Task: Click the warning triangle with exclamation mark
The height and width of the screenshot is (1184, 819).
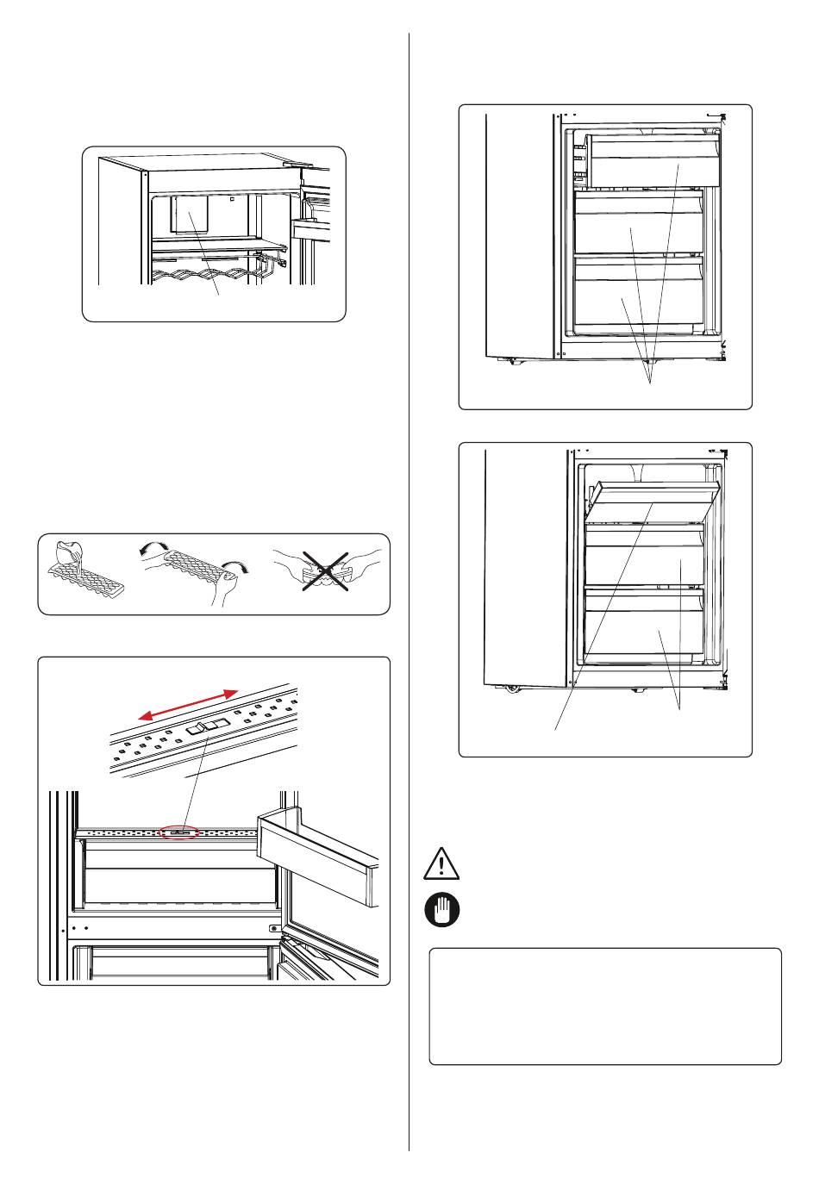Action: click(441, 864)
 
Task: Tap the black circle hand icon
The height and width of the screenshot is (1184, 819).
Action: click(441, 910)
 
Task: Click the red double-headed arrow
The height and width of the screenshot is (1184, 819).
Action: click(189, 704)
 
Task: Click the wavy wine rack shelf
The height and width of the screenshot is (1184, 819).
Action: click(204, 274)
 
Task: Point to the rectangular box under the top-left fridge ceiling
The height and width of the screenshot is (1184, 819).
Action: click(189, 215)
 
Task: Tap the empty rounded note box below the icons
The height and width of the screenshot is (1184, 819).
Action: click(604, 1006)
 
